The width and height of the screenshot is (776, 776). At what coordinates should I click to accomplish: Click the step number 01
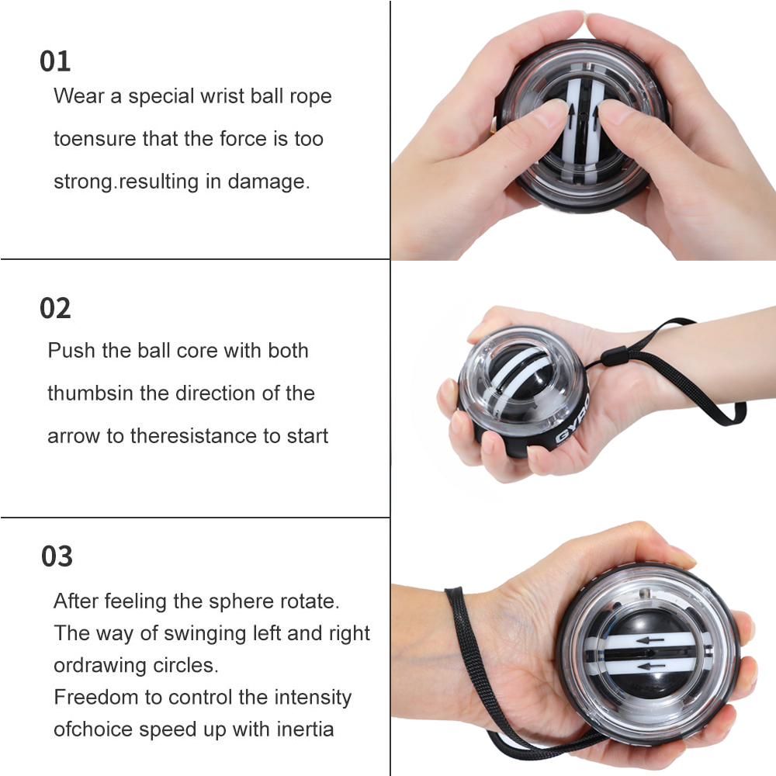[x=55, y=61]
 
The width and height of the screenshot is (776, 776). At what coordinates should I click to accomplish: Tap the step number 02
[x=55, y=308]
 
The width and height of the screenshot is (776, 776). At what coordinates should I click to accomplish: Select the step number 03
[x=57, y=556]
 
